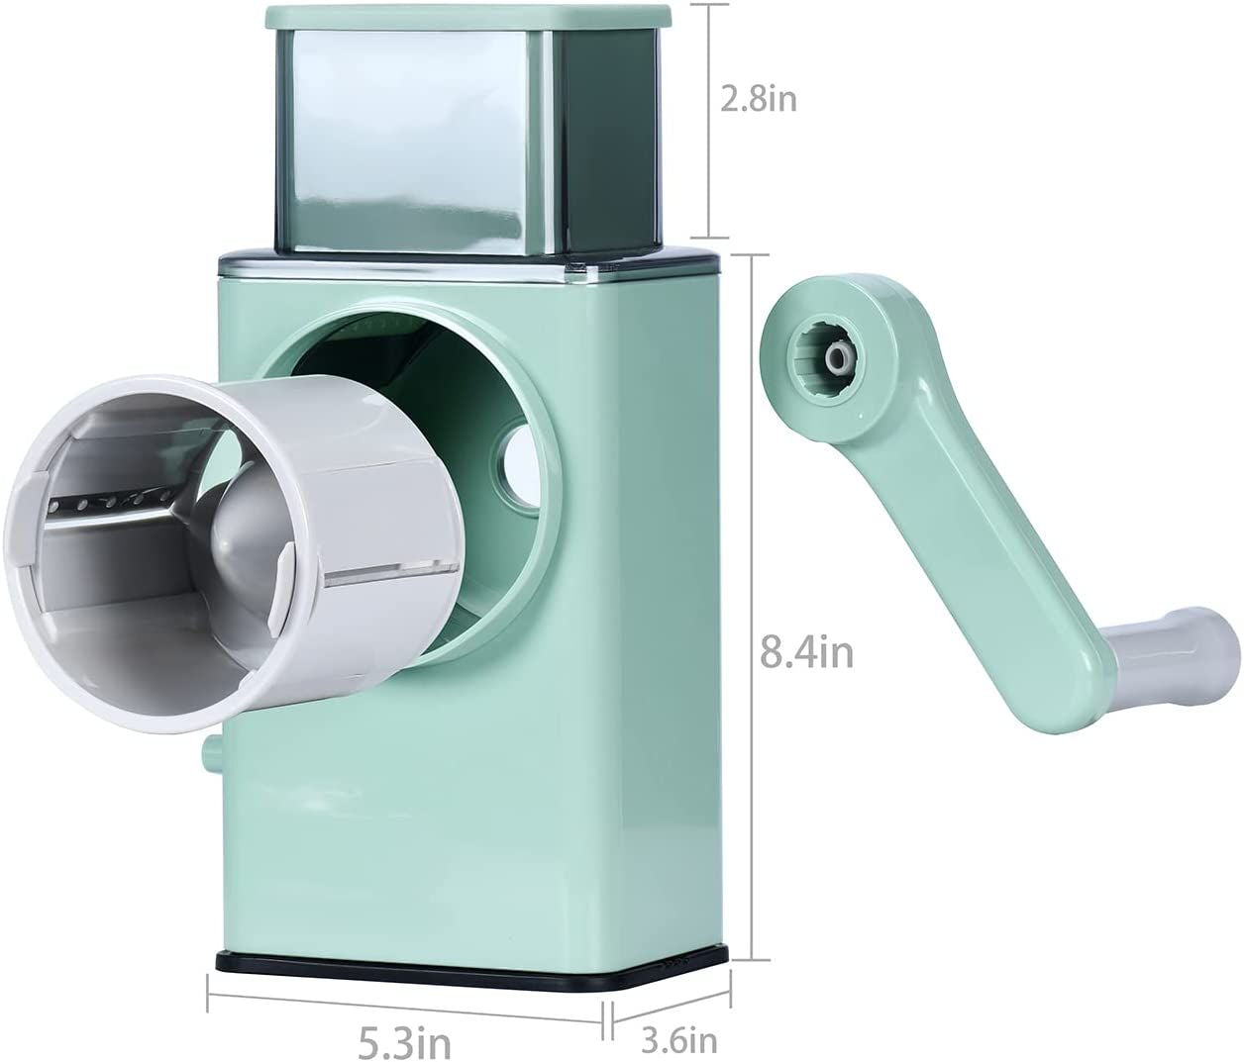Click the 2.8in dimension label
[759, 100]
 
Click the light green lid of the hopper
[467, 17]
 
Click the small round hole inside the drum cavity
[516, 468]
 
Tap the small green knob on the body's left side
[211, 756]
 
